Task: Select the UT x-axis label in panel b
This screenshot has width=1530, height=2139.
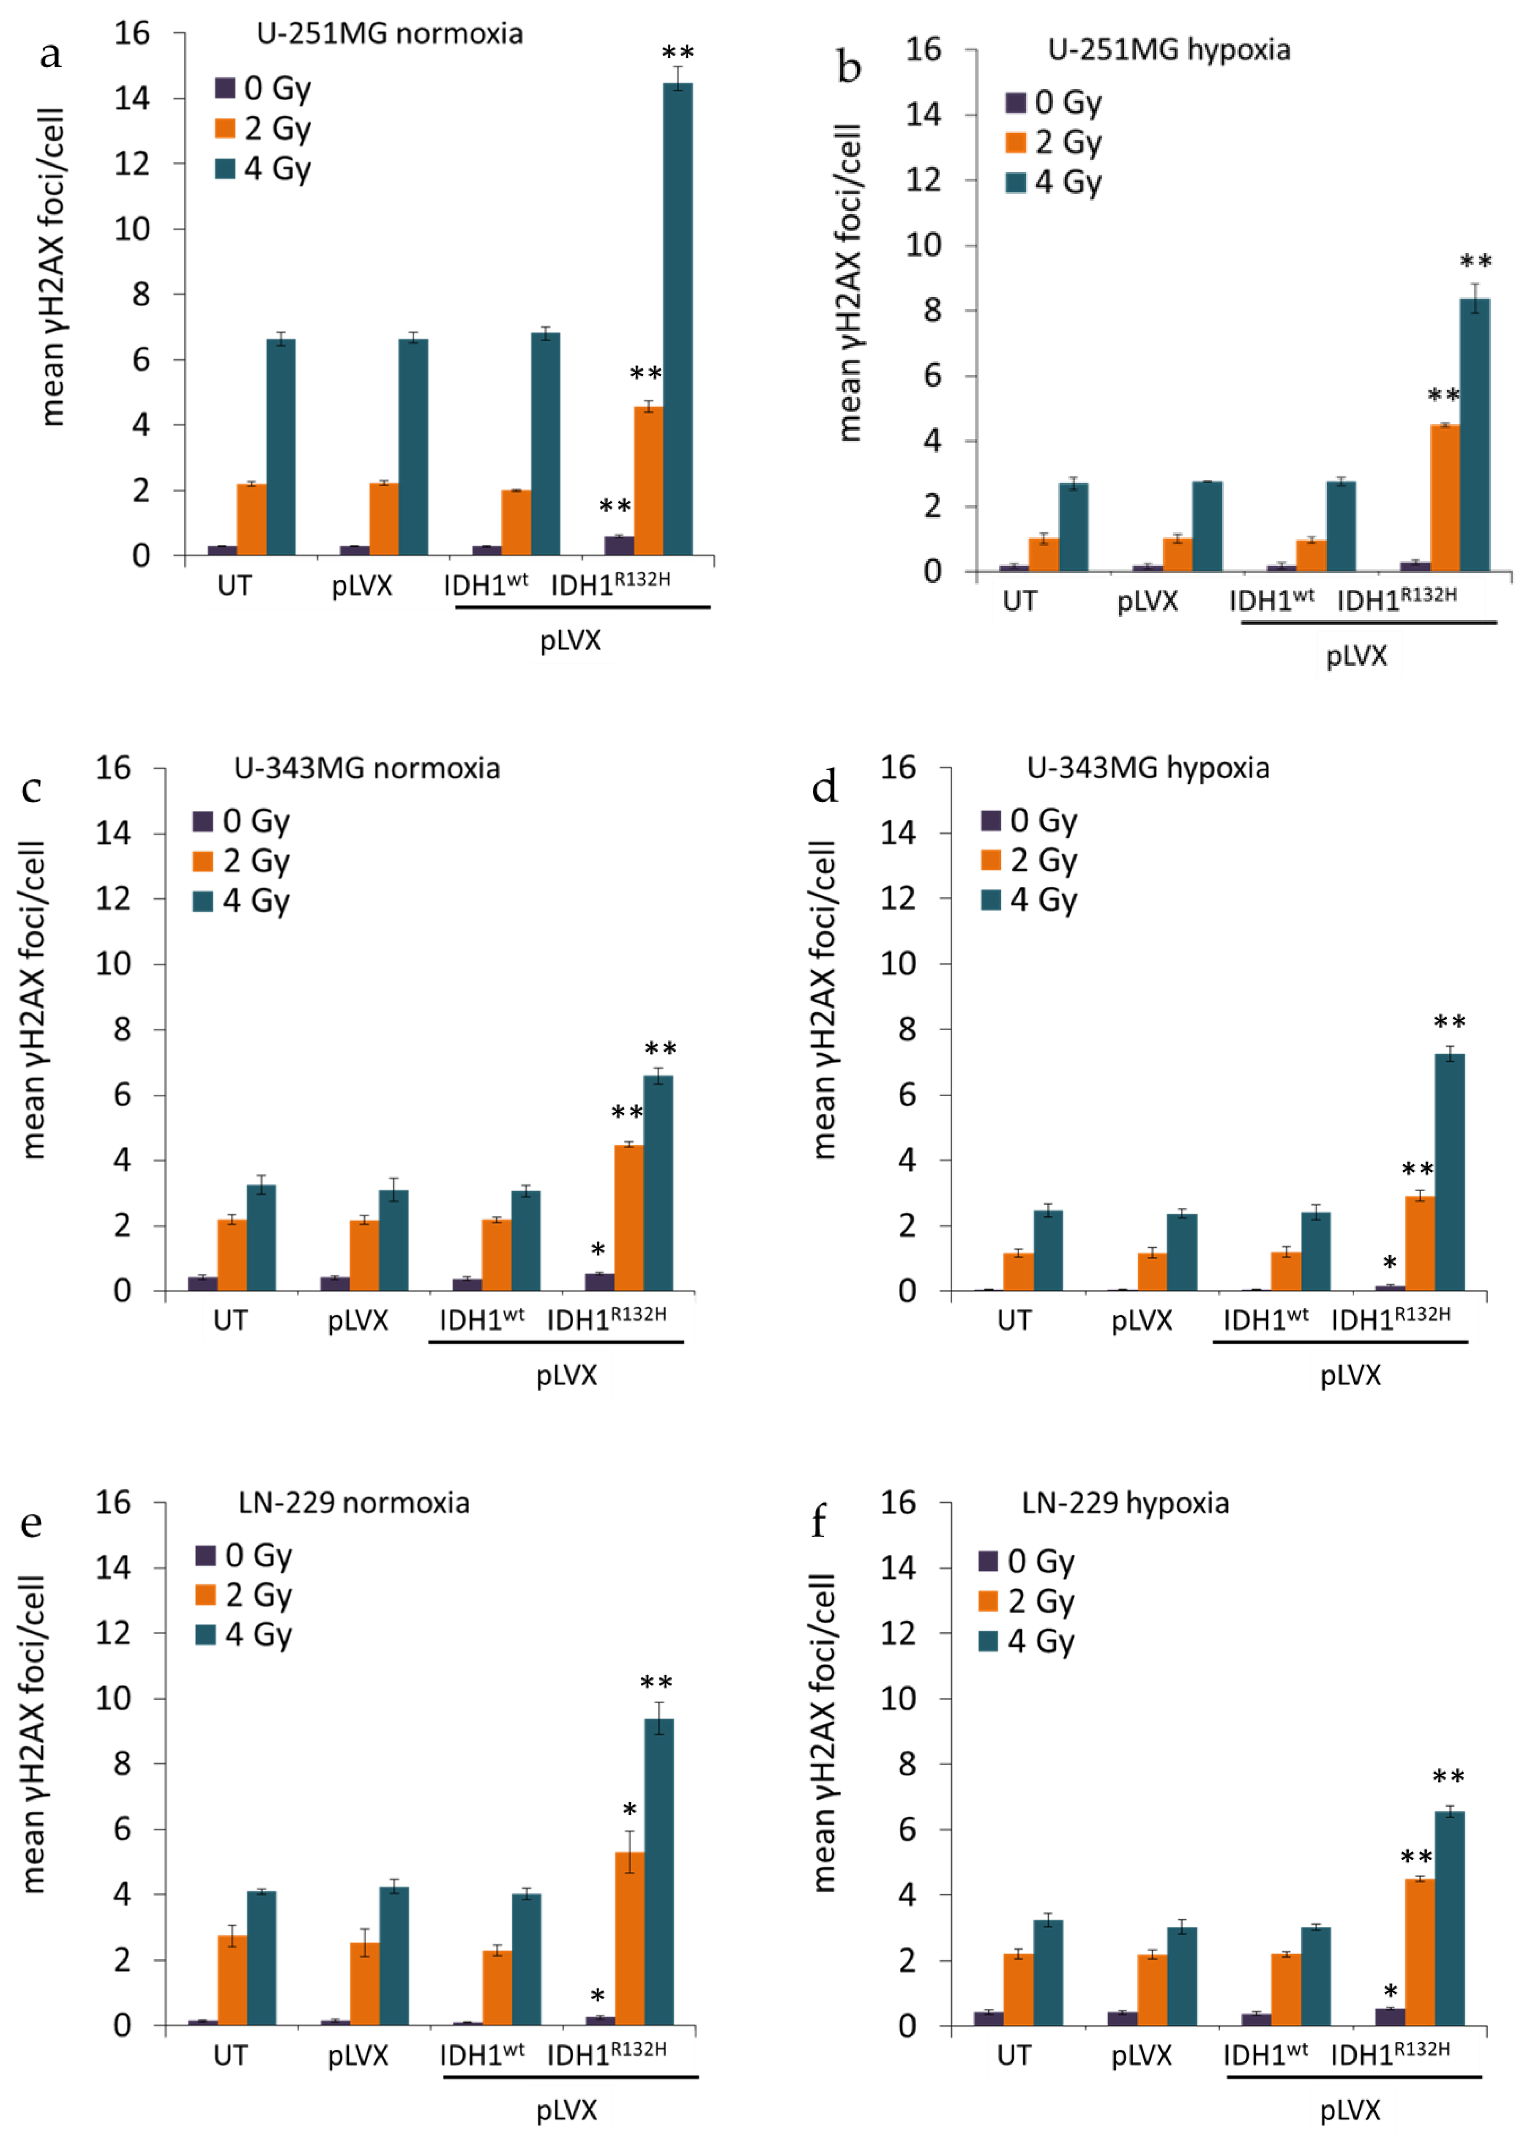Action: coord(1019,601)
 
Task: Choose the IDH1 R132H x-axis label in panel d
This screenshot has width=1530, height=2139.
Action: coord(1390,1319)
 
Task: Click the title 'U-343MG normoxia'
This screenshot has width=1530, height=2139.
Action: coord(366,768)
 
